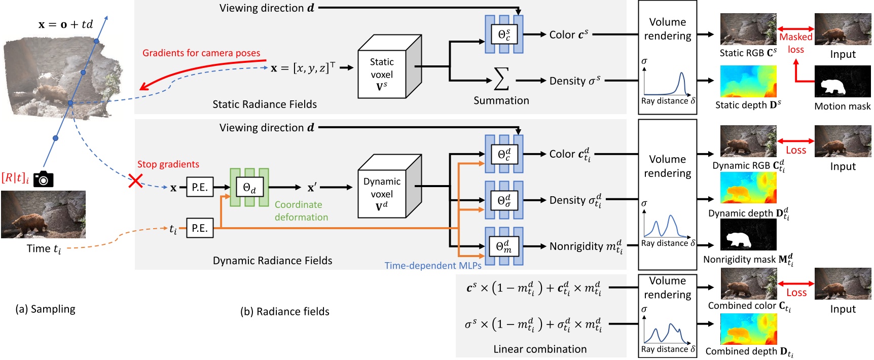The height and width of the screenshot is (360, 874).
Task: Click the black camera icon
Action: point(43,179)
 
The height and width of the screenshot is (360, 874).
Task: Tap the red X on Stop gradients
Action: point(135,181)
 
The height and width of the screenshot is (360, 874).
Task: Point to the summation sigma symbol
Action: point(501,79)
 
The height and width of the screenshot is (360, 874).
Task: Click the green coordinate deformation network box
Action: point(249,188)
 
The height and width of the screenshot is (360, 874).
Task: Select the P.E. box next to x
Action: point(199,187)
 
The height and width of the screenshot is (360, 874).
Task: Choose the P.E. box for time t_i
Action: point(199,228)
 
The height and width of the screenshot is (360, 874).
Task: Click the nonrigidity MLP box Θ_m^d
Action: point(503,246)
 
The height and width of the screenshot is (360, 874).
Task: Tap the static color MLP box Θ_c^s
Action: point(504,34)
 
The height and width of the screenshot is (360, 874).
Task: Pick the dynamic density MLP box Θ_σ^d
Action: point(504,200)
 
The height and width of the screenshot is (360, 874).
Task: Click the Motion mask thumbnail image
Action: point(843,82)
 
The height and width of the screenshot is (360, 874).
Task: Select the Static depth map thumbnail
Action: point(748,82)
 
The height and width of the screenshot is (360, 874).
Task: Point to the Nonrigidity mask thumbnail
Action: point(748,235)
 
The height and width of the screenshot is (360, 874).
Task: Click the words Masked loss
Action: point(795,43)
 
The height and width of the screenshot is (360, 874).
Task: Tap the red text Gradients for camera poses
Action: point(201,53)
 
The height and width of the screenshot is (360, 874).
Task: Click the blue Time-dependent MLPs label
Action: point(433,266)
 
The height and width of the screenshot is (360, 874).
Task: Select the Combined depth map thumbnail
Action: point(748,329)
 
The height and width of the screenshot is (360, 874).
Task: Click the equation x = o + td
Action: point(65,24)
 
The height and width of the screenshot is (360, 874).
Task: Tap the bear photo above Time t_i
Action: point(43,214)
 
